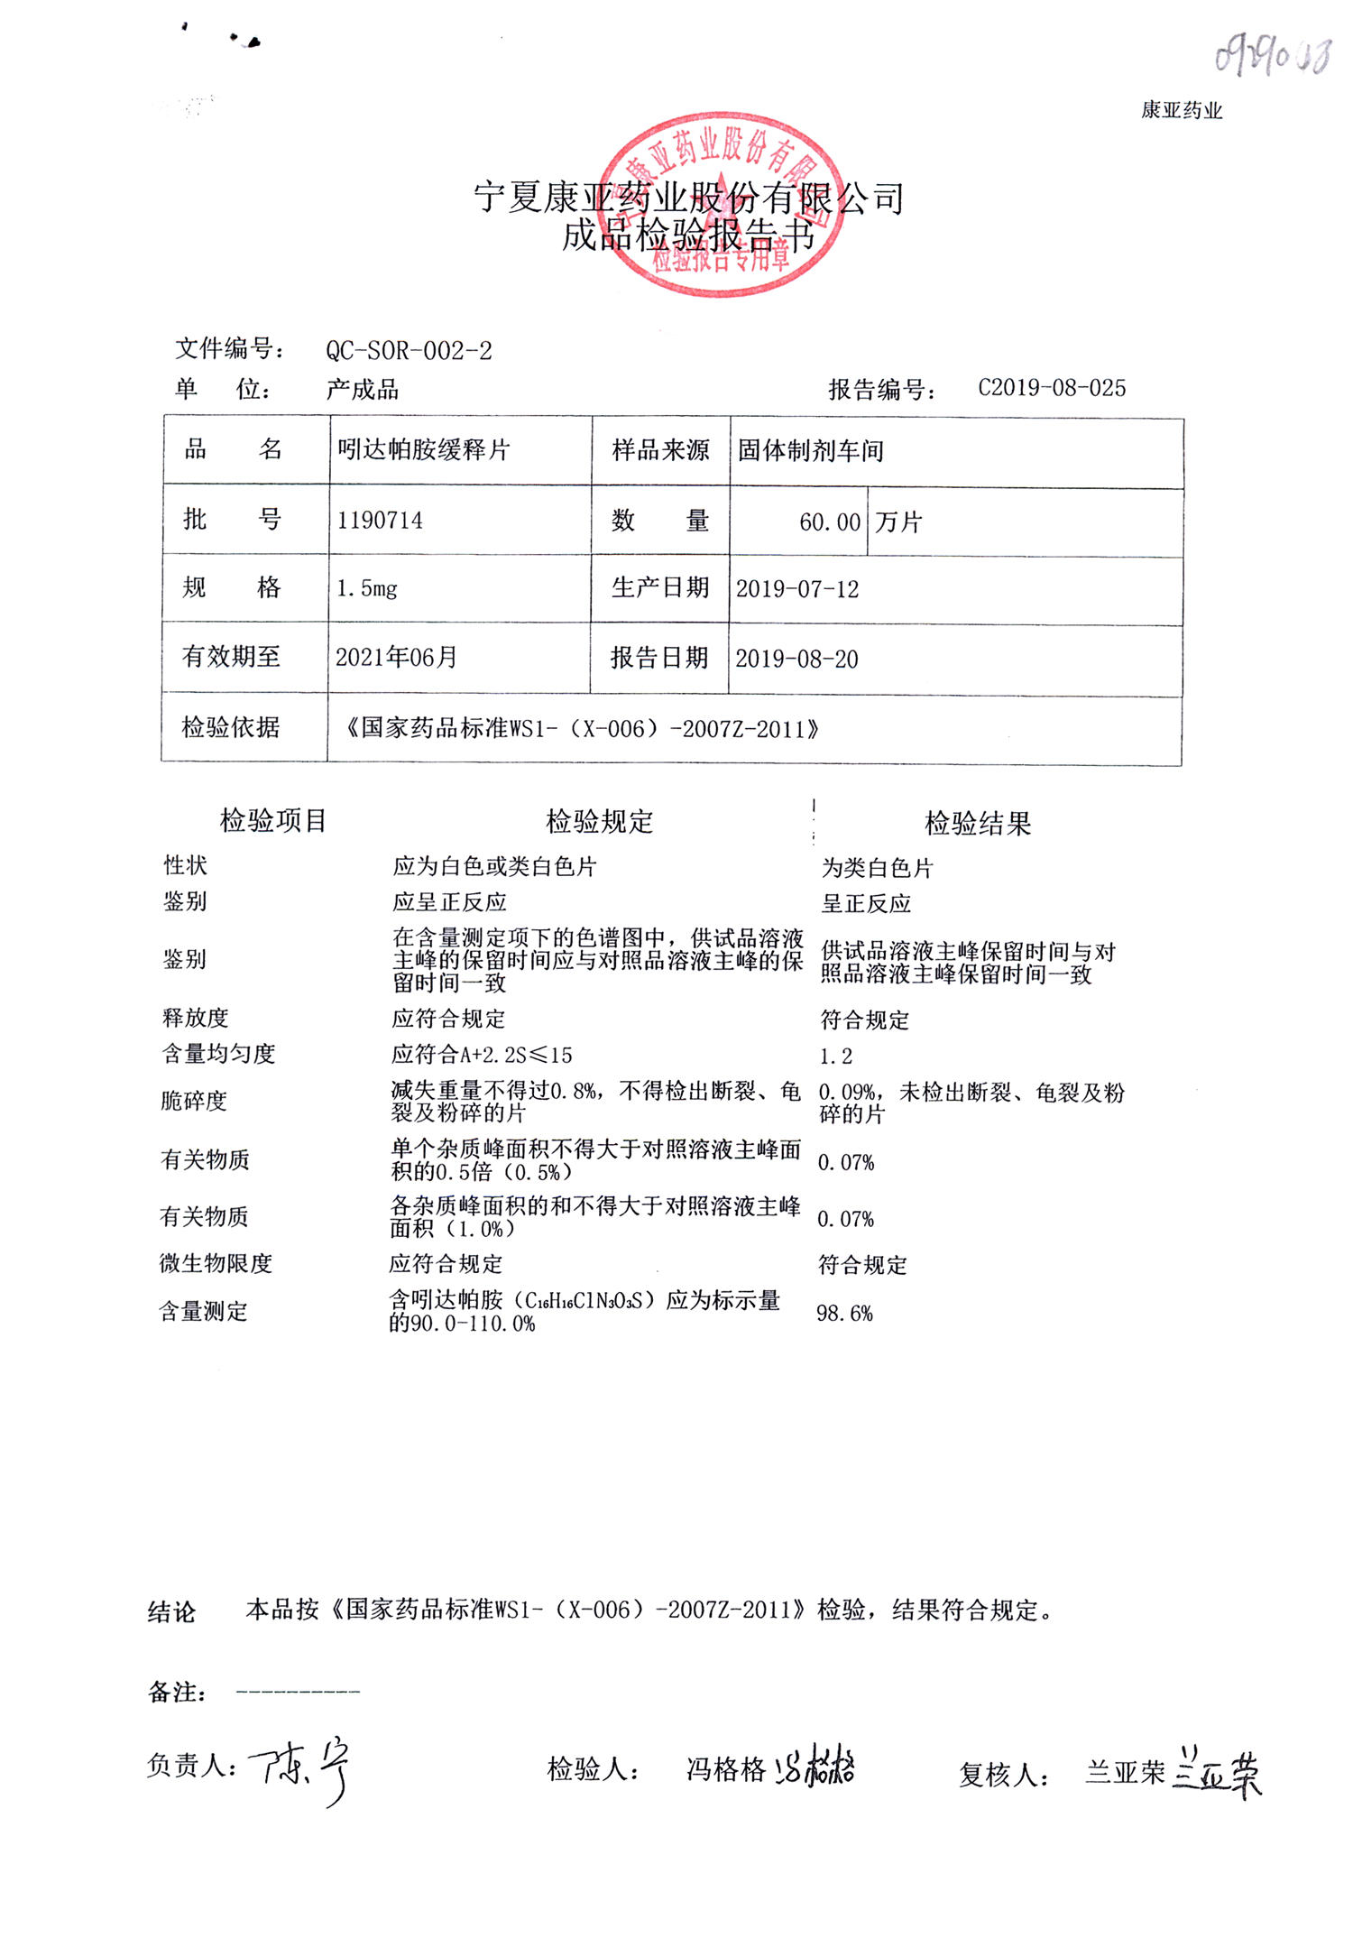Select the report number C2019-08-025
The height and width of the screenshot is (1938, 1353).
coord(1052,388)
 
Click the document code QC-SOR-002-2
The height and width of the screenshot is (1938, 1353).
coord(409,350)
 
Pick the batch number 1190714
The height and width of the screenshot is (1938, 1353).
coord(380,521)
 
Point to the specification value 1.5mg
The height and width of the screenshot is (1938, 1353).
coord(366,589)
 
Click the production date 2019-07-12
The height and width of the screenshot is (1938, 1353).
coord(797,590)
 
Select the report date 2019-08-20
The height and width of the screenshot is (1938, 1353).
coord(796,659)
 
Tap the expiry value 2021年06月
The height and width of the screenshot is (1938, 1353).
coord(396,658)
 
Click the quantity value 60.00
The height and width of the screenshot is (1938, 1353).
coord(830,522)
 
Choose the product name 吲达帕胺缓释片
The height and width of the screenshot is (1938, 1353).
coord(424,449)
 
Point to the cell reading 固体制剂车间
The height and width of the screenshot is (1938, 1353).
coord(810,451)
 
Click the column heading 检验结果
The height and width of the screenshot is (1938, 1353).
coord(978,823)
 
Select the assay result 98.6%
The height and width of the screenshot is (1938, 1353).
coord(844,1314)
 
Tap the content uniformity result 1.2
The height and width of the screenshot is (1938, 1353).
coord(835,1057)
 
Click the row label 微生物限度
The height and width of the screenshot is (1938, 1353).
coord(216,1263)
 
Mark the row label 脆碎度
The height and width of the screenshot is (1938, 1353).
coord(194,1101)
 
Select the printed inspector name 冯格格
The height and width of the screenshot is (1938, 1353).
coord(725,1770)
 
